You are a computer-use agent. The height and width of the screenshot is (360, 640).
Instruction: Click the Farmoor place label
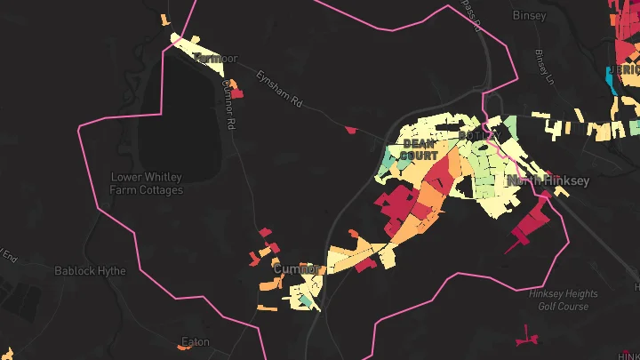216,59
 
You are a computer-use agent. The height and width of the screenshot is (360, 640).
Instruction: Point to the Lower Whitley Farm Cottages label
147,183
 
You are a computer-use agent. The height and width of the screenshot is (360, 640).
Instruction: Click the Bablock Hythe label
90,270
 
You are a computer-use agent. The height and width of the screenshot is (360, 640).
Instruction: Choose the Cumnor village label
296,268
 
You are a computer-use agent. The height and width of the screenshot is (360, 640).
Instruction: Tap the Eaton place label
195,341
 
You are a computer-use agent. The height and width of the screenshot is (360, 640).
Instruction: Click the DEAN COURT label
420,148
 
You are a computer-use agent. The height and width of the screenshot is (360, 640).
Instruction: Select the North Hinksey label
548,180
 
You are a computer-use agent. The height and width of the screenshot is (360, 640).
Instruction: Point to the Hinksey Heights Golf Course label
558,300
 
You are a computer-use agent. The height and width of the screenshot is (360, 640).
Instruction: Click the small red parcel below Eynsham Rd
351,130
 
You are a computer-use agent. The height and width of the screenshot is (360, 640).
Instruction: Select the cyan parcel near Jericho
612,78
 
